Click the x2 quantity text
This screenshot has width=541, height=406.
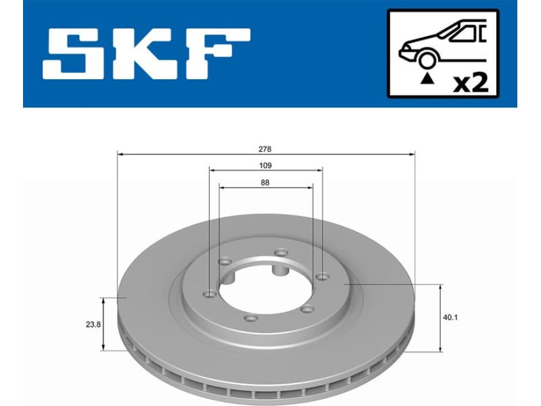click(x=470, y=84)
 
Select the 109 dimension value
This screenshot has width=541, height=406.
click(x=265, y=165)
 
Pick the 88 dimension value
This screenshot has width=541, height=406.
click(x=265, y=182)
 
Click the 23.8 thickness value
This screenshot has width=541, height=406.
click(x=93, y=325)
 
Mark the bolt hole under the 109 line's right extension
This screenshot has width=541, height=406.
click(x=323, y=275)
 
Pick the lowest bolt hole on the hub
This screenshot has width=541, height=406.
click(x=252, y=318)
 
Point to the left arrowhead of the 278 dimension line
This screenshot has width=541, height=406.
click(x=120, y=154)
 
